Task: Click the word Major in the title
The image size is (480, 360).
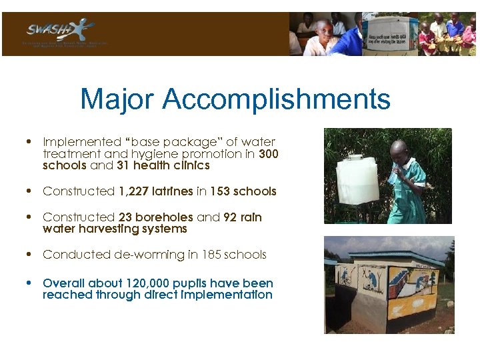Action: pos(117,100)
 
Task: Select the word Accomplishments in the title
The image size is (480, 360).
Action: pos(275,100)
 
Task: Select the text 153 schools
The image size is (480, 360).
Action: pos(243,191)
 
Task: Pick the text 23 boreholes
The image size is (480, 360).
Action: pos(156,217)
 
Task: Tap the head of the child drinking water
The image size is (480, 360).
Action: pos(399,152)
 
